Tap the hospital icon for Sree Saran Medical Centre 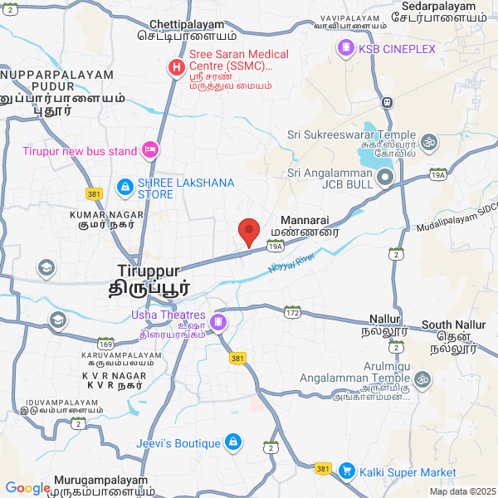(x=176, y=67)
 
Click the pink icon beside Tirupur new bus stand (x=150, y=150)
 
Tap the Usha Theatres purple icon (x=218, y=321)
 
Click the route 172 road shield (x=292, y=312)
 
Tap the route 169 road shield (x=105, y=344)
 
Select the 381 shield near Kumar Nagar (x=94, y=193)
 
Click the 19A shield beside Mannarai (x=276, y=247)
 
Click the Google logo (x=27, y=488)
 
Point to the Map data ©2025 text (x=461, y=491)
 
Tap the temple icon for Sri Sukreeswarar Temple (x=429, y=142)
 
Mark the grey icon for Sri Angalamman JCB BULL (x=384, y=178)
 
